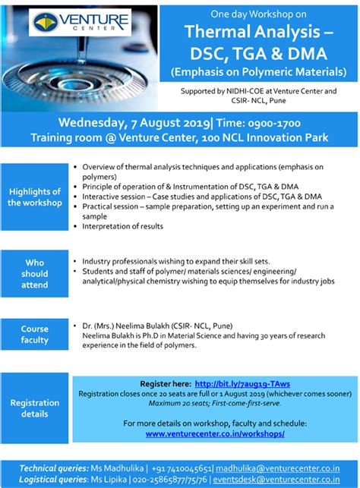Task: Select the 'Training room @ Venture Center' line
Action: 179,137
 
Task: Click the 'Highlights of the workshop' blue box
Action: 34,197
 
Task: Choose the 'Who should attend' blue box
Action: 34,273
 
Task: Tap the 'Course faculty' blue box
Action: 34,335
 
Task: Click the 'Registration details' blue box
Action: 34,408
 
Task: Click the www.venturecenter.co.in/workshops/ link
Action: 215,433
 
